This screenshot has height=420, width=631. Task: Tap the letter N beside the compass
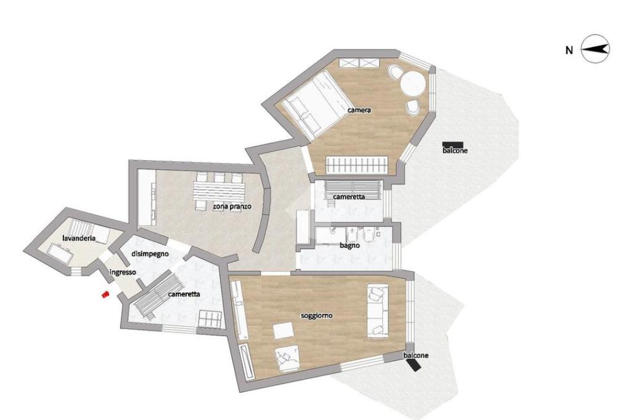569,50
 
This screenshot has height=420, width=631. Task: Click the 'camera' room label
359,110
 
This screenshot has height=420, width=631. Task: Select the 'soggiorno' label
317,316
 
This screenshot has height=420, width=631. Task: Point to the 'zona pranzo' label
232,206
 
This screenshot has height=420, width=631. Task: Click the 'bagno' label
350,245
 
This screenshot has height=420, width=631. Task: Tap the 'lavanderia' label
79,238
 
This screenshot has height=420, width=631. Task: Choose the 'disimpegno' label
150,254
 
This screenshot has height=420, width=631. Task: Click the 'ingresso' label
123,272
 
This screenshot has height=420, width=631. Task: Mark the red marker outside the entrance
105,295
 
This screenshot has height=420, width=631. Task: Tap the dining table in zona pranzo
219,192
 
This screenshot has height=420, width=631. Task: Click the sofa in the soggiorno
378,311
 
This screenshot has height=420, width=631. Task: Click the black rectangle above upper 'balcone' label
452,145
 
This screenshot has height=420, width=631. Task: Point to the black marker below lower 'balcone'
413,365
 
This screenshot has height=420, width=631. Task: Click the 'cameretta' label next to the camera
349,196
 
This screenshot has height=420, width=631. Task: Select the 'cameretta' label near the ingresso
184,294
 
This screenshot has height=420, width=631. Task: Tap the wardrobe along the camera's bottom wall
357,165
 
